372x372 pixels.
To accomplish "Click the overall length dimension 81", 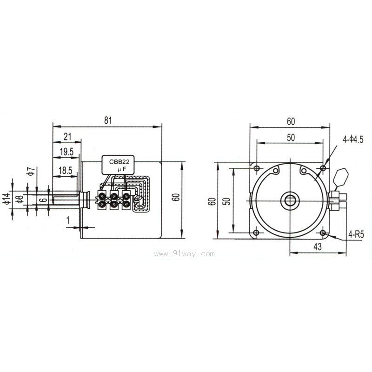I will (x=108, y=120).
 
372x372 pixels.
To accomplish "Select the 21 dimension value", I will (x=67, y=136).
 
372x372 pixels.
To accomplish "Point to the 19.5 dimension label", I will (x=67, y=152).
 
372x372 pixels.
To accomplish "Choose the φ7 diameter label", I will (x=29, y=171).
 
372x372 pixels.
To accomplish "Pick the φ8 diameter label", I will (x=19, y=200).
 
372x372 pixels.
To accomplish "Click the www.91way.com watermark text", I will (x=186, y=253).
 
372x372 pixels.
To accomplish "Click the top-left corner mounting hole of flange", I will (x=255, y=167).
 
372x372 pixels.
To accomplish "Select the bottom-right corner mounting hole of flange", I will (x=324, y=232).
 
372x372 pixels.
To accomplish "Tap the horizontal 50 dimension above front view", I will (x=290, y=138).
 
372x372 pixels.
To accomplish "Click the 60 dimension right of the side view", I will (x=175, y=197).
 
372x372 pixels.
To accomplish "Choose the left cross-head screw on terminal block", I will (x=108, y=201).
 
